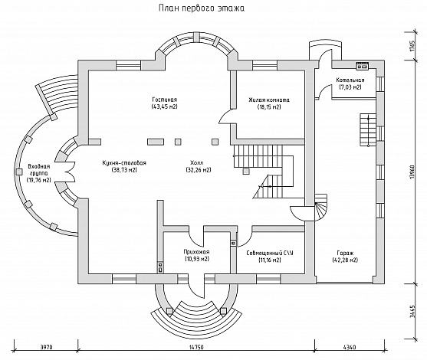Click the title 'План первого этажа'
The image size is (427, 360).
pyautogui.click(x=202, y=8)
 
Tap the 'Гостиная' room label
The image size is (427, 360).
pyautogui.click(x=165, y=100)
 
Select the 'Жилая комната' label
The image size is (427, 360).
pyautogui.click(x=269, y=100)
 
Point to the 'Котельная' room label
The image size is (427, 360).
pyautogui.click(x=350, y=80)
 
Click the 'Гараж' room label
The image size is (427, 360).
pyautogui.click(x=345, y=253)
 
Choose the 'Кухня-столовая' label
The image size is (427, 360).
pyautogui.click(x=124, y=163)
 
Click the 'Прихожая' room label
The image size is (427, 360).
pyautogui.click(x=196, y=252)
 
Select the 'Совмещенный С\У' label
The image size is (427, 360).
pyautogui.click(x=270, y=253)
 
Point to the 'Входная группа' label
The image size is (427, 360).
pyautogui.click(x=39, y=169)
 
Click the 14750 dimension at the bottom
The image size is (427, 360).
pyautogui.click(x=196, y=347)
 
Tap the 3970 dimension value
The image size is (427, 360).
pyautogui.click(x=46, y=347)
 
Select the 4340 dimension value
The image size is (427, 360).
pyautogui.click(x=350, y=347)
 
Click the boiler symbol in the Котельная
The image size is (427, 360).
pyautogui.click(x=362, y=66)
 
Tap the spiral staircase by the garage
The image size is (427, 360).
pyautogui.click(x=320, y=208)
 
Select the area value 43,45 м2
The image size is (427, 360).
pyautogui.click(x=165, y=106)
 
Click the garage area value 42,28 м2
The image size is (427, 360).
pyautogui.click(x=345, y=260)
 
